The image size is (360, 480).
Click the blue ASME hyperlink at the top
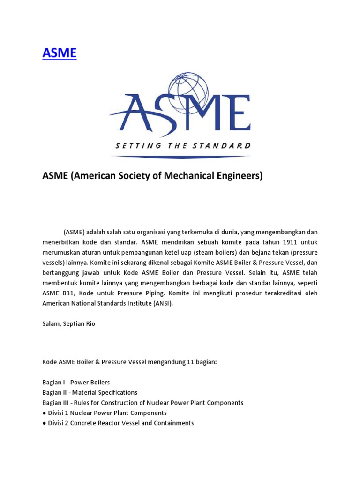59,53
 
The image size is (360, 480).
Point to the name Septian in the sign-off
73,323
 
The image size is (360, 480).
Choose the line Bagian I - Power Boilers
76,382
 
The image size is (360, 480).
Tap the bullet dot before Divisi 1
44,413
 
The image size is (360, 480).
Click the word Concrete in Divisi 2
87,423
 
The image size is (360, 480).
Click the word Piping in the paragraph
149,293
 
